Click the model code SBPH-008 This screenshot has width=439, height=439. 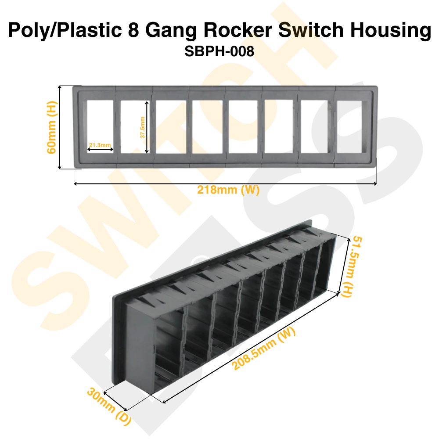tap(219, 51)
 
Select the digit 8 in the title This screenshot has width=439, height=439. tap(134, 31)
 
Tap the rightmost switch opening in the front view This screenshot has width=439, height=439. tap(350, 127)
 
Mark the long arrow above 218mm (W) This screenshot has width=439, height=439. tap(225, 184)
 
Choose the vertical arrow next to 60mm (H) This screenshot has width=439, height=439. tap(60, 127)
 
